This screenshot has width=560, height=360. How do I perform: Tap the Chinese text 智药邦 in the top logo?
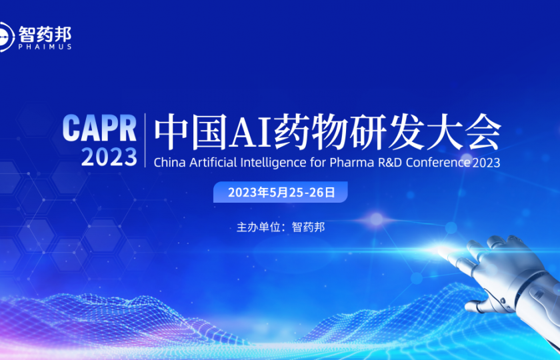tap(45, 33)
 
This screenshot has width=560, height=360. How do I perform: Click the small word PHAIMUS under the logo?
tap(45, 47)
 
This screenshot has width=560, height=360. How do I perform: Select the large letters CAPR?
tap(99, 127)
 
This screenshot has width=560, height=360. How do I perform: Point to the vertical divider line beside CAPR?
tap(145, 140)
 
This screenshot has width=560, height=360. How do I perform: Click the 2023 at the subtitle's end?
tap(486, 162)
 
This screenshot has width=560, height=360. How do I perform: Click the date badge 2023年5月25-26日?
tap(281, 193)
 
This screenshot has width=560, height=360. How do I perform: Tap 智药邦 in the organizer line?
tap(309, 227)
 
